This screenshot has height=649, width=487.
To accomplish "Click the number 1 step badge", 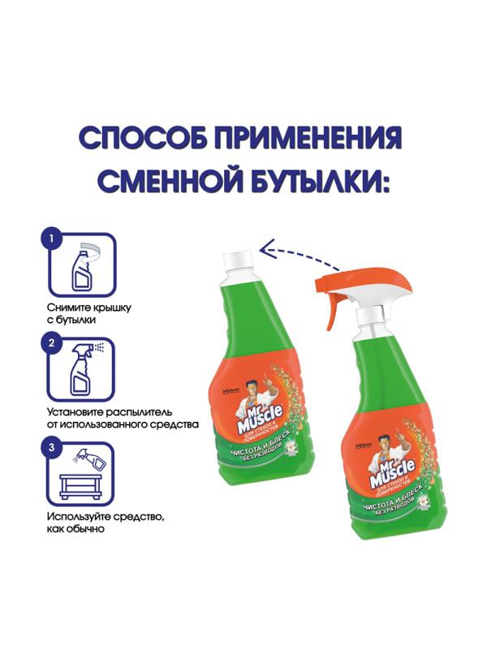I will [51, 240].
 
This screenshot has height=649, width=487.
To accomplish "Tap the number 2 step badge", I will [51, 344].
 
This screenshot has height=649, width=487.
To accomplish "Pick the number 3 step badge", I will [51, 448].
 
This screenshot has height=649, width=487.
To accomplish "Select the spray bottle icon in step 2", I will [83, 372].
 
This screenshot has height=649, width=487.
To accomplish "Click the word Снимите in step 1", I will [67, 308].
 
